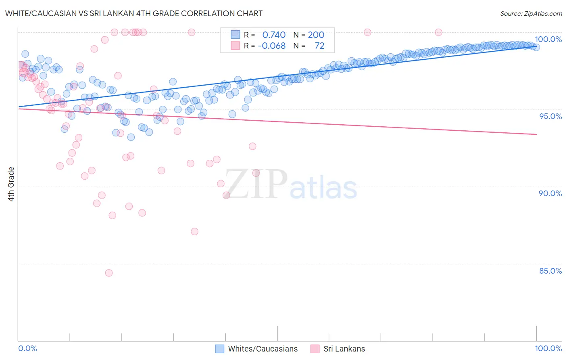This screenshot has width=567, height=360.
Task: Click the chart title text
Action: [x=134, y=13]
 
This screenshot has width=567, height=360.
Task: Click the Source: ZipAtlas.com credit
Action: [x=531, y=13]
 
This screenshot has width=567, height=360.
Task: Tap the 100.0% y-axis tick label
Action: [x=548, y=39]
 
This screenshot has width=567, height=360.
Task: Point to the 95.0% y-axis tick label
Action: [x=550, y=116]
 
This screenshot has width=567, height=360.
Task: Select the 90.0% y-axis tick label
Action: [x=550, y=193]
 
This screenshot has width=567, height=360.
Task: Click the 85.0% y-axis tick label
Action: [x=550, y=271]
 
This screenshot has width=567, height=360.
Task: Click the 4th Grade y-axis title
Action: [x=11, y=184]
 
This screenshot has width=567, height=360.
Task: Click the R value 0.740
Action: [x=274, y=35]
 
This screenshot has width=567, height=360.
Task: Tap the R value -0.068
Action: [x=272, y=46]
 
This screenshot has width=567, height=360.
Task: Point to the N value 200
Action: [x=316, y=35]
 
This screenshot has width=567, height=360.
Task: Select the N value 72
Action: [x=319, y=46]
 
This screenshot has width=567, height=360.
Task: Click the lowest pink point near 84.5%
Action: [x=108, y=273]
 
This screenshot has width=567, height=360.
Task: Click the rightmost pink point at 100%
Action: [x=438, y=32]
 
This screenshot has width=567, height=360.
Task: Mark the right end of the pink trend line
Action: [x=536, y=134]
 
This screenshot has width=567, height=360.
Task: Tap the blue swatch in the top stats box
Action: [x=235, y=35]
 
